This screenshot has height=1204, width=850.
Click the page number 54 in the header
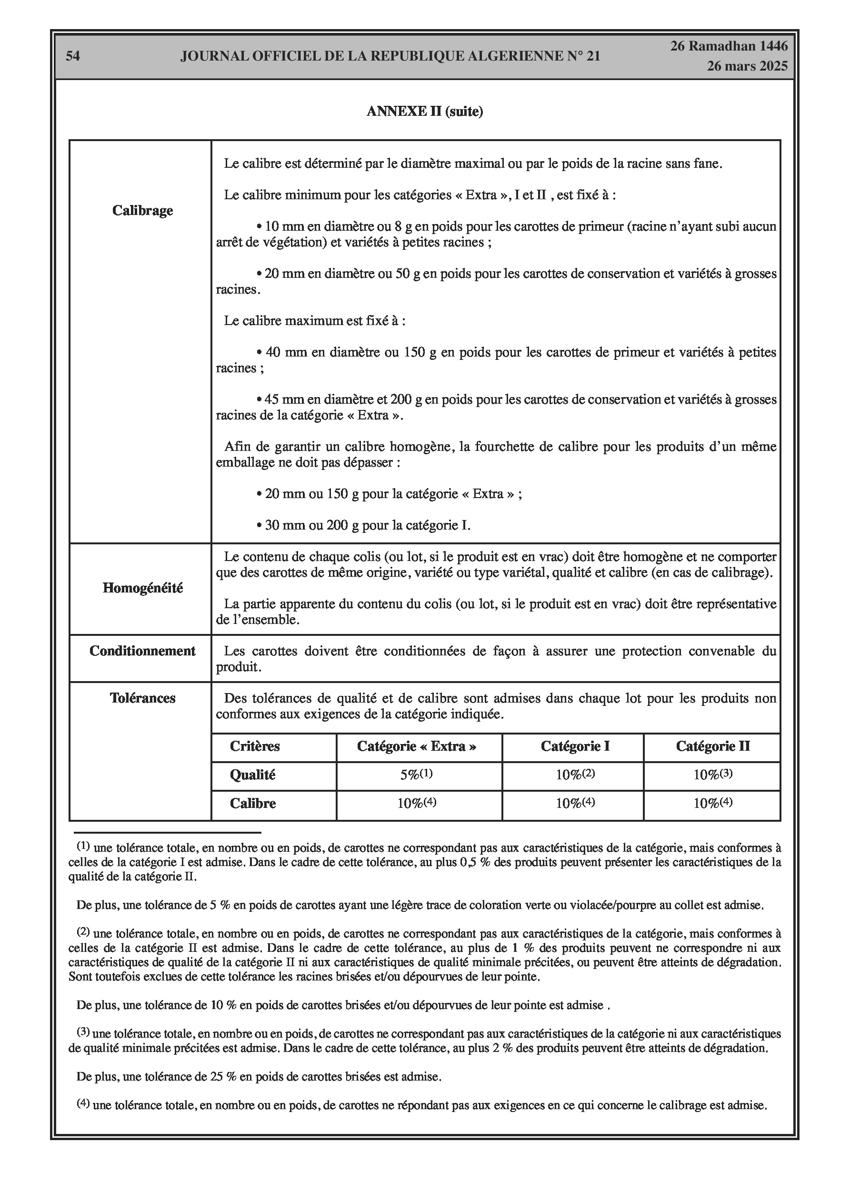[73, 56]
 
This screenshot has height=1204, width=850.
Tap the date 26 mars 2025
[747, 66]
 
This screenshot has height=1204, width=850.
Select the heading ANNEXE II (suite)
[424, 111]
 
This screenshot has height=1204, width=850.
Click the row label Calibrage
[142, 210]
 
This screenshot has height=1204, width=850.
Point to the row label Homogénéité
[142, 588]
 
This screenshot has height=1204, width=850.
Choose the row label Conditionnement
[142, 651]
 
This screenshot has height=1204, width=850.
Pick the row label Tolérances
[142, 698]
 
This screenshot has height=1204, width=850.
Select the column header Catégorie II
[712, 746]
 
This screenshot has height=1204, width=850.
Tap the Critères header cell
[255, 746]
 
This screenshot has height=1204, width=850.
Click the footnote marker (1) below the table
[83, 846]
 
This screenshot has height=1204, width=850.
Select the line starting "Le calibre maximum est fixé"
[314, 320]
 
